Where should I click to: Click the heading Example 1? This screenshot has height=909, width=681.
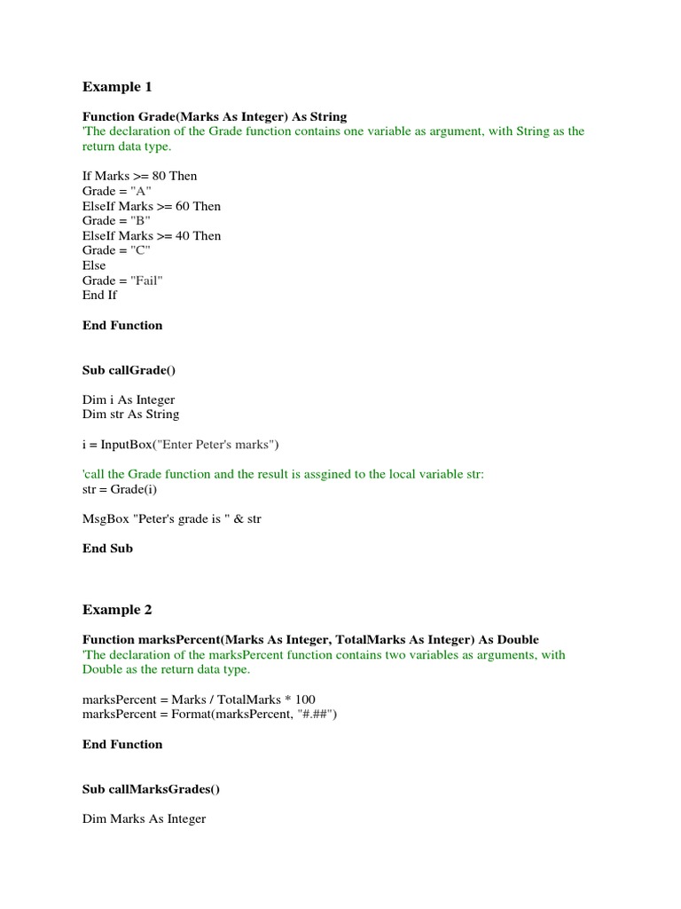(117, 87)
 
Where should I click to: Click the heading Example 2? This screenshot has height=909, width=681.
(117, 610)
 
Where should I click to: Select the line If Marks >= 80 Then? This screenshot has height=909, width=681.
(139, 176)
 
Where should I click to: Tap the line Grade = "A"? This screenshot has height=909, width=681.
(116, 191)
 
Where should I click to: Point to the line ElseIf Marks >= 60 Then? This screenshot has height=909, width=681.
(152, 206)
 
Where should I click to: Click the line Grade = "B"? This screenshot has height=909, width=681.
(116, 220)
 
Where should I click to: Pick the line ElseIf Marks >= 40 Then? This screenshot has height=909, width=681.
(152, 235)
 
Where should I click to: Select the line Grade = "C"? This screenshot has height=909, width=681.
(116, 250)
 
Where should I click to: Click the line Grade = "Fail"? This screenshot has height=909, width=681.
(123, 281)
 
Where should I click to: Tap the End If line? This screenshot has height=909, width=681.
(99, 295)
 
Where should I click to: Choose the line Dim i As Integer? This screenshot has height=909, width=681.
(129, 399)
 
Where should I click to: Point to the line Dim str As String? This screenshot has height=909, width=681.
(130, 414)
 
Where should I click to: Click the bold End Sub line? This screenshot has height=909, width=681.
(107, 549)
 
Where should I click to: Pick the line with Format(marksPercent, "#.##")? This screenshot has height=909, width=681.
(210, 714)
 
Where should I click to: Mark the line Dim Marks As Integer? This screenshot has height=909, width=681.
(144, 818)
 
